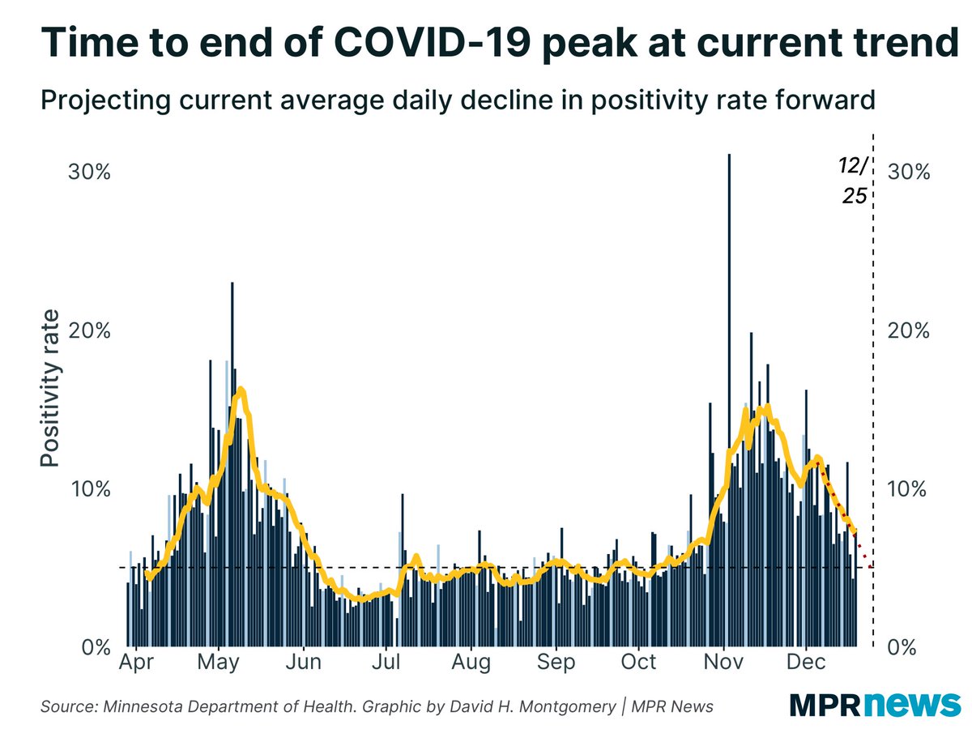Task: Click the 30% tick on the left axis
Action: click(85, 173)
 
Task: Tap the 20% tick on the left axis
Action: click(85, 331)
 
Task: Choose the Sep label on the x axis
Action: click(556, 662)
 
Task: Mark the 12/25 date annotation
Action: click(852, 181)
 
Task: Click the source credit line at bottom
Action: click(377, 707)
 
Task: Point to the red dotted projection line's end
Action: click(871, 565)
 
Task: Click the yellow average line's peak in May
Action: click(240, 391)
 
